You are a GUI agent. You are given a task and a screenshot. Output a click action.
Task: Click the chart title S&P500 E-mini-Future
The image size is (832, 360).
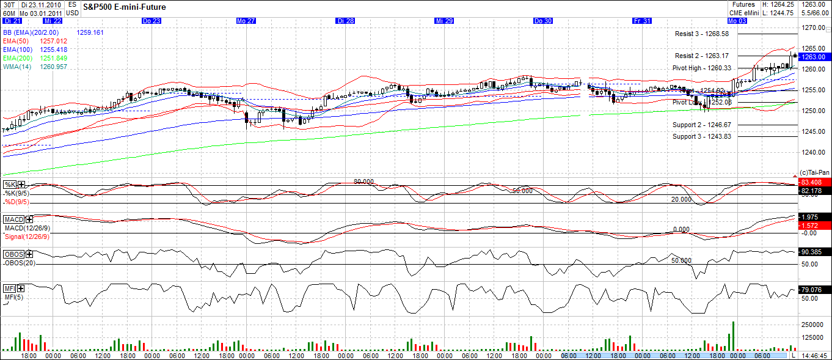(x=124, y=7)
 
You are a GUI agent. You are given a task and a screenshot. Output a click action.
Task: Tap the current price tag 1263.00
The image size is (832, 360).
(x=814, y=57)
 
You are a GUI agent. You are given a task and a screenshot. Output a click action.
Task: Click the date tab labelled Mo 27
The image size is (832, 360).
(x=246, y=21)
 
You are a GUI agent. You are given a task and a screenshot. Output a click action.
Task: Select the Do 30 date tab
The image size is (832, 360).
(x=543, y=21)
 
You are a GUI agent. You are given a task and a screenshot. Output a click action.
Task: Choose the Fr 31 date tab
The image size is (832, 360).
(x=642, y=21)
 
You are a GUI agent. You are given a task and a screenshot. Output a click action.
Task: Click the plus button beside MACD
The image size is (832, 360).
(x=29, y=219)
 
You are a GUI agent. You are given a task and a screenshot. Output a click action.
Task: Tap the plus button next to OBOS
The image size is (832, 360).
(x=28, y=254)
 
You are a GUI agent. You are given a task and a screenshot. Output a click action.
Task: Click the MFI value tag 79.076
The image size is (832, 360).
(x=814, y=290)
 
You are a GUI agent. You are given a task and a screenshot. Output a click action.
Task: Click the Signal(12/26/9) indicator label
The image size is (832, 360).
(x=27, y=237)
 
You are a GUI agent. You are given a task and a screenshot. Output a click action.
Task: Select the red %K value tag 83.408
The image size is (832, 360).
(x=814, y=182)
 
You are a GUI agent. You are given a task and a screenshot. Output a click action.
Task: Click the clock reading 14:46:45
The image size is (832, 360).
(x=814, y=355)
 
